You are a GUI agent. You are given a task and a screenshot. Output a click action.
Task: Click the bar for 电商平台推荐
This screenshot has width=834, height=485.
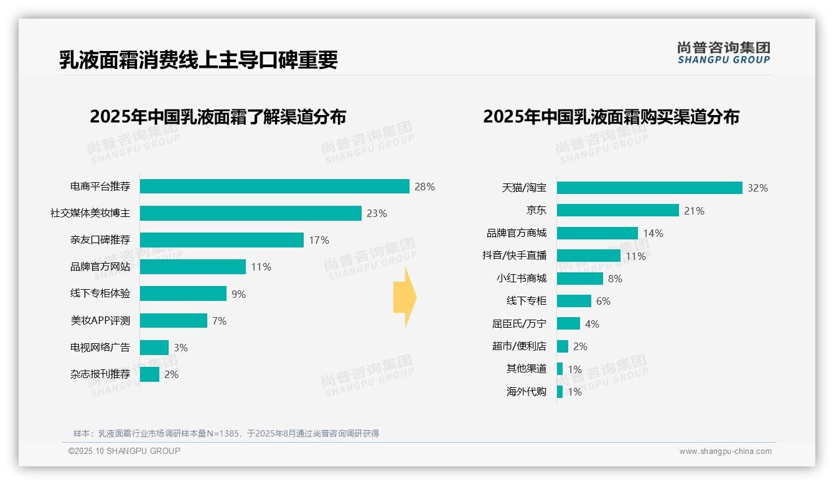click(x=274, y=187)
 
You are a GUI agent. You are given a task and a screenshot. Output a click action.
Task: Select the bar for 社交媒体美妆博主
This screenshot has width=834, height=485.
click(x=250, y=213)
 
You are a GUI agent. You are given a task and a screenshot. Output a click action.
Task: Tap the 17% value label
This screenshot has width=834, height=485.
click(x=319, y=240)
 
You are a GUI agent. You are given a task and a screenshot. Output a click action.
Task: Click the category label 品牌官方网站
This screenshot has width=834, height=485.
click(x=100, y=267)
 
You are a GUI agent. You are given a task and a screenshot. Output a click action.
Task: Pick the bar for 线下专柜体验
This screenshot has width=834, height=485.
click(x=183, y=293)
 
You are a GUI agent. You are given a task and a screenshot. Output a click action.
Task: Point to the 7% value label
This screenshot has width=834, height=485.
click(x=219, y=321)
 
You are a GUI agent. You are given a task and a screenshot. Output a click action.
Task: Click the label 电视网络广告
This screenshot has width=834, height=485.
click(x=100, y=348)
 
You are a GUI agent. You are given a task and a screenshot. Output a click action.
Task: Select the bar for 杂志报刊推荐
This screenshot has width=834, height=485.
click(x=149, y=374)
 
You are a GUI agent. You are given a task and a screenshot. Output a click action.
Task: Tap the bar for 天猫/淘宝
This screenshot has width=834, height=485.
click(x=649, y=188)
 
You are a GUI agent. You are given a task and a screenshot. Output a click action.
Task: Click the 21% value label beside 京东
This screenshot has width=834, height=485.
click(x=694, y=211)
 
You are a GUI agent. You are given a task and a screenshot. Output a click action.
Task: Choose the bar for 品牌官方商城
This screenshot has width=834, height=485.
click(x=597, y=233)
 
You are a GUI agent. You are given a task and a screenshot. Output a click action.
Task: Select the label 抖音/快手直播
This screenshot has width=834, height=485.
click(x=514, y=256)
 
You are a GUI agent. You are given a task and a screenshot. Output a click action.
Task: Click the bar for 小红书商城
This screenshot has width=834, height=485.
click(x=579, y=279)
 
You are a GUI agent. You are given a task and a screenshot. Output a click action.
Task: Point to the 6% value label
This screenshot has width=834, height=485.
click(x=603, y=301)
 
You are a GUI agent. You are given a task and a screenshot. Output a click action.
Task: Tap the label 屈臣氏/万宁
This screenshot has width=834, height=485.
click(x=519, y=324)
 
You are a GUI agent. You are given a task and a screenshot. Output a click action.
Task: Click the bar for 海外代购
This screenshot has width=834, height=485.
click(x=560, y=392)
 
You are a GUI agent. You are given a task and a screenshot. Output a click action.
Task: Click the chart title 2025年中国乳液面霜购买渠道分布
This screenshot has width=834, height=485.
click(x=611, y=117)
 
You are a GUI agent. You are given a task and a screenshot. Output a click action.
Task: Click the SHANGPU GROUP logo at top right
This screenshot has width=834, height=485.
click(x=723, y=53)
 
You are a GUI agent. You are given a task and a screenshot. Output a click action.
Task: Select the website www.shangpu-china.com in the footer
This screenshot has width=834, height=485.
click(x=725, y=451)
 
